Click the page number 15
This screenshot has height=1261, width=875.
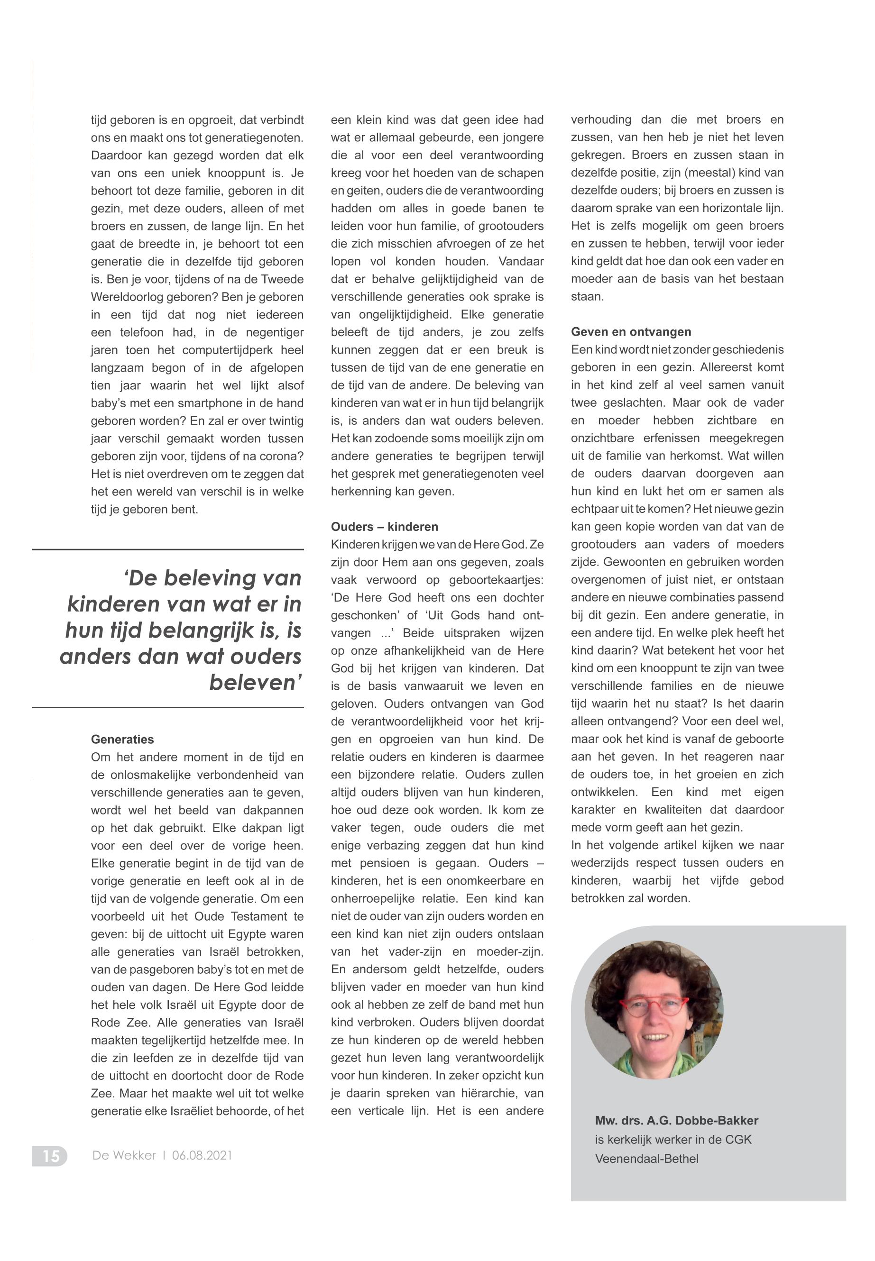coord(50,1155)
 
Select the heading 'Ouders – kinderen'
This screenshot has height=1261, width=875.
coord(384,527)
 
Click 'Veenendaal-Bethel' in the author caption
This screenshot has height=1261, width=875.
coord(646,1159)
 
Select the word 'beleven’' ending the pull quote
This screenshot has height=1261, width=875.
coord(256,683)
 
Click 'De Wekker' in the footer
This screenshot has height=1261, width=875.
coord(124,1155)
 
